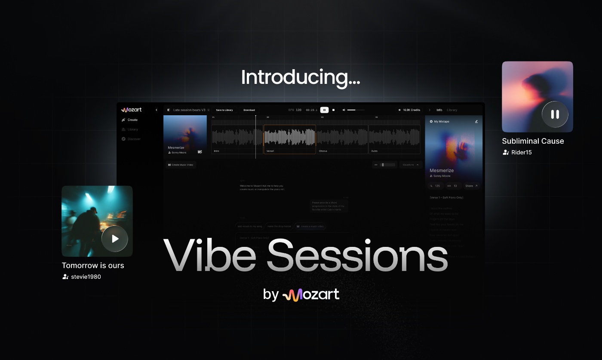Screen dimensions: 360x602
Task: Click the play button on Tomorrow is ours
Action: [x=115, y=239]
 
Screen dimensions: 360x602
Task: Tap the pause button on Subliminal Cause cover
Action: [x=555, y=114]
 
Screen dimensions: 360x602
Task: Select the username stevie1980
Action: [x=86, y=277]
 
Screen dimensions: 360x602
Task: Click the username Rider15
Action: [x=521, y=152]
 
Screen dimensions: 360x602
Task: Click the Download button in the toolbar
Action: [x=249, y=110]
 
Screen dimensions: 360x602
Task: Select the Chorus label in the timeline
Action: [x=323, y=151]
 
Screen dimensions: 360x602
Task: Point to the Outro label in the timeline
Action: [x=374, y=151]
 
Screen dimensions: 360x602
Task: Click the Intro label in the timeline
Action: [x=216, y=151]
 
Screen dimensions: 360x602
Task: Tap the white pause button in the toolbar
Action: [x=324, y=110]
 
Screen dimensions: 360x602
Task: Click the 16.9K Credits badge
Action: [x=409, y=110]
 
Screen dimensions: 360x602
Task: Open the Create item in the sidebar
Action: [x=132, y=120]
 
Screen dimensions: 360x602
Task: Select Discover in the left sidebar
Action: [x=134, y=139]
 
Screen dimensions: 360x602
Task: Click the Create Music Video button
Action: [x=181, y=165]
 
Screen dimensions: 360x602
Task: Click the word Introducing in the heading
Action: [x=300, y=77]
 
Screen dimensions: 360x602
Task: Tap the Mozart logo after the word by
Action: [x=310, y=295]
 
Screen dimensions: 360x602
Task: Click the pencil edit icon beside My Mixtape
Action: [x=476, y=122]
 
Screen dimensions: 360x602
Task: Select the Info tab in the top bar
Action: [x=439, y=110]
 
